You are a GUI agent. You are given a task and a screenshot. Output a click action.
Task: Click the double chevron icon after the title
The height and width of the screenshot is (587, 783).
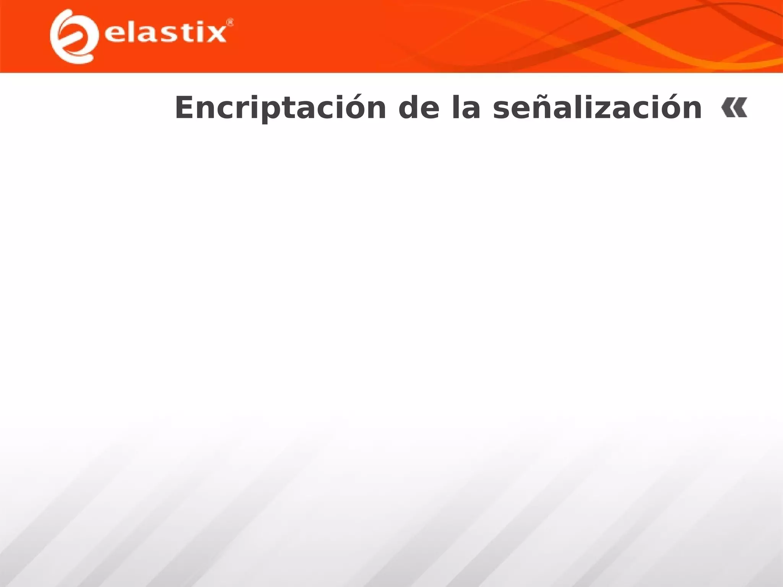(734, 108)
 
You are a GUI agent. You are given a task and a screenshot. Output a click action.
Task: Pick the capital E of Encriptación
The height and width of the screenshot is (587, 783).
(185, 108)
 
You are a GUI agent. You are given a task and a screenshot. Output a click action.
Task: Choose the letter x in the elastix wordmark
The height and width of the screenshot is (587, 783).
(216, 34)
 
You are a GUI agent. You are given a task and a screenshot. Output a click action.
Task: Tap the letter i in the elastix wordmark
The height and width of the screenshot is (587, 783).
(199, 32)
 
